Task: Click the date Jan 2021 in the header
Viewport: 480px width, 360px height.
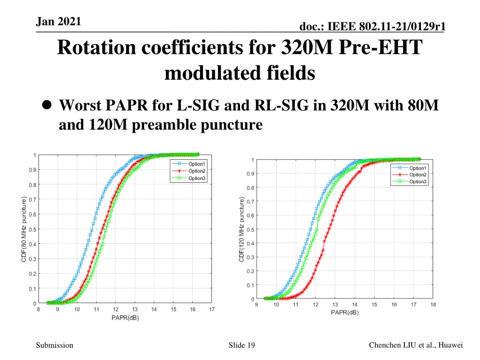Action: [x=58, y=21]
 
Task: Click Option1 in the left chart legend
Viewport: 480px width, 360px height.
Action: [x=196, y=164]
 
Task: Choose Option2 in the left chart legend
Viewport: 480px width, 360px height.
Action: [x=196, y=171]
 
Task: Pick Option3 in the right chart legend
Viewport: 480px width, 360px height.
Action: [x=418, y=181]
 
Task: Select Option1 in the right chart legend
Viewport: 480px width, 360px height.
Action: [x=418, y=168]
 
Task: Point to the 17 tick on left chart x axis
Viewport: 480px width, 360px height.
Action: [x=212, y=309]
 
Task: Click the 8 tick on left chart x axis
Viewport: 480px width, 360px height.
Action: [x=38, y=309]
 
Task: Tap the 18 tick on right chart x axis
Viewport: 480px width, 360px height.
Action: [x=433, y=305]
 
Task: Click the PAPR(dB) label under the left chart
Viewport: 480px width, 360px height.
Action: [x=125, y=318]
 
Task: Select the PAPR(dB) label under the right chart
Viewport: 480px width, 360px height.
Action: [x=345, y=313]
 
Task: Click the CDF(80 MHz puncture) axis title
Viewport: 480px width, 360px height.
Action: [x=24, y=229]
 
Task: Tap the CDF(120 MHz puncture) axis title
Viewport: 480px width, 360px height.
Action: [x=242, y=230]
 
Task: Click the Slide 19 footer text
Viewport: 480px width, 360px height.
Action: [x=241, y=345]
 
